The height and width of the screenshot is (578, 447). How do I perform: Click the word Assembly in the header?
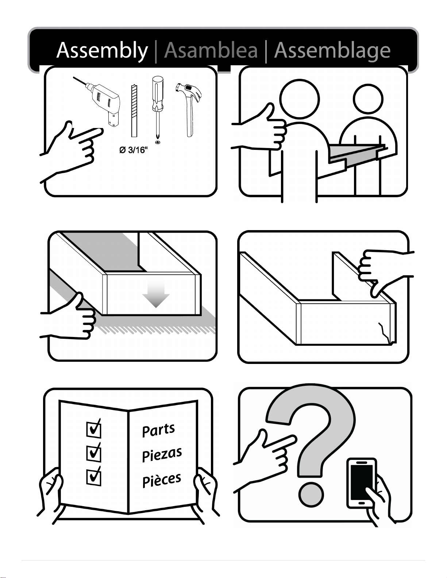[102, 51]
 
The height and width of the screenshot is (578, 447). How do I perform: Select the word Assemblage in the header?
[332, 51]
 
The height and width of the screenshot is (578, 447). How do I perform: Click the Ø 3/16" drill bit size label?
[133, 150]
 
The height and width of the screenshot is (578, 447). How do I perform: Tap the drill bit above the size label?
[134, 110]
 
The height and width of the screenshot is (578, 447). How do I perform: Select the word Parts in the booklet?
[158, 430]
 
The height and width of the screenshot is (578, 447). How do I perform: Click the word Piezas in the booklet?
[162, 455]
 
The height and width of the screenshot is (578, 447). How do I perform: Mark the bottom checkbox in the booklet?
[94, 476]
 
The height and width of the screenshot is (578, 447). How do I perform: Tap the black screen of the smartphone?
[361, 482]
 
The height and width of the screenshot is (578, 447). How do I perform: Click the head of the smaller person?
[368, 99]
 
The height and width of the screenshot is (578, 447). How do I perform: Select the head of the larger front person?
[300, 99]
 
